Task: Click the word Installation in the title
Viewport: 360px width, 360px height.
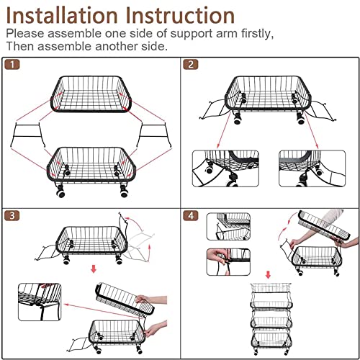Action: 62,16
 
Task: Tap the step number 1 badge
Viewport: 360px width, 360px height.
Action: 12,65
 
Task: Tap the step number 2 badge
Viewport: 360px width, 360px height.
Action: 191,65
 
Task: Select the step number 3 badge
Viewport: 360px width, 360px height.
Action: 12,215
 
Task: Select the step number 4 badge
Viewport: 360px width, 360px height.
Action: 191,215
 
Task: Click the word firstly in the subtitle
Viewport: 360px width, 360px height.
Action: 257,34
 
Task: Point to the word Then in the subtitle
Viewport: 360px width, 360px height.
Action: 20,46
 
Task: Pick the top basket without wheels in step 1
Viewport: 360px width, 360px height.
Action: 91,94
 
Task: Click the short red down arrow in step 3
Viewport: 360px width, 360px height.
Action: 94,269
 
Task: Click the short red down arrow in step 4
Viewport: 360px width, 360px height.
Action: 268,274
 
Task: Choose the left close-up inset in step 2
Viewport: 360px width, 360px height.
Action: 225,168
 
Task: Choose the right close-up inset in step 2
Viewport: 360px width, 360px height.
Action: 312,168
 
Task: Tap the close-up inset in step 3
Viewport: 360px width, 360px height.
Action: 40,302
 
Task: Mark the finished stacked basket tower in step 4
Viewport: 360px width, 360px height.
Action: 271,319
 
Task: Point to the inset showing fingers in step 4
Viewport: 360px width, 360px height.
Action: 228,262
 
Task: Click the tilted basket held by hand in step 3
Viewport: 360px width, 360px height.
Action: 125,299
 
